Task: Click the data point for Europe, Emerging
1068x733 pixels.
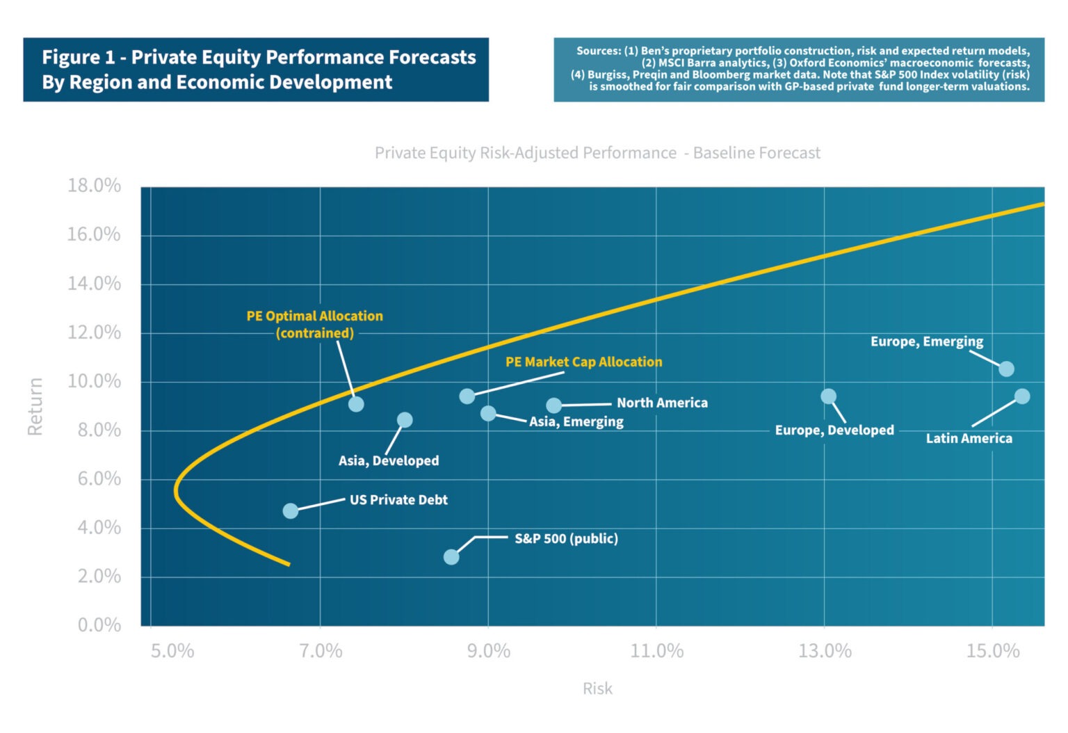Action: tap(1006, 369)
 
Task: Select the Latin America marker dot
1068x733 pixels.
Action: tap(1021, 396)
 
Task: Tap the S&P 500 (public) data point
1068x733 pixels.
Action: tap(451, 557)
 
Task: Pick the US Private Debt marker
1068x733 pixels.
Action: tap(291, 511)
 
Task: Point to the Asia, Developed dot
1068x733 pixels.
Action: tap(405, 420)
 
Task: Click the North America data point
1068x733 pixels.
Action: tap(553, 405)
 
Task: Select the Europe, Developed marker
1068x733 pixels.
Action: tap(828, 396)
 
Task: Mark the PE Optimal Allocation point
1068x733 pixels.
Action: tap(356, 404)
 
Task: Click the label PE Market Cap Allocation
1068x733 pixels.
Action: tap(583, 362)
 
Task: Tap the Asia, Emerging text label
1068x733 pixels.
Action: tap(576, 421)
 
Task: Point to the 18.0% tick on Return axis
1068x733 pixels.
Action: tap(94, 186)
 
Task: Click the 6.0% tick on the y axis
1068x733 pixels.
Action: tap(99, 478)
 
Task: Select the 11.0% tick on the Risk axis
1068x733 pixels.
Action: tap(656, 651)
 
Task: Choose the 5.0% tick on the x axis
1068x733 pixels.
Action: tap(172, 651)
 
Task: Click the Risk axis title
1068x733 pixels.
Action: tap(597, 688)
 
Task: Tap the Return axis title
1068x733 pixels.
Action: tap(35, 407)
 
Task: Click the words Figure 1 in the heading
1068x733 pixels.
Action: tap(78, 57)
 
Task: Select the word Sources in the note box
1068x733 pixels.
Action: tap(598, 51)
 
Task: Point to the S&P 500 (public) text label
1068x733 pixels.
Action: tap(566, 538)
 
